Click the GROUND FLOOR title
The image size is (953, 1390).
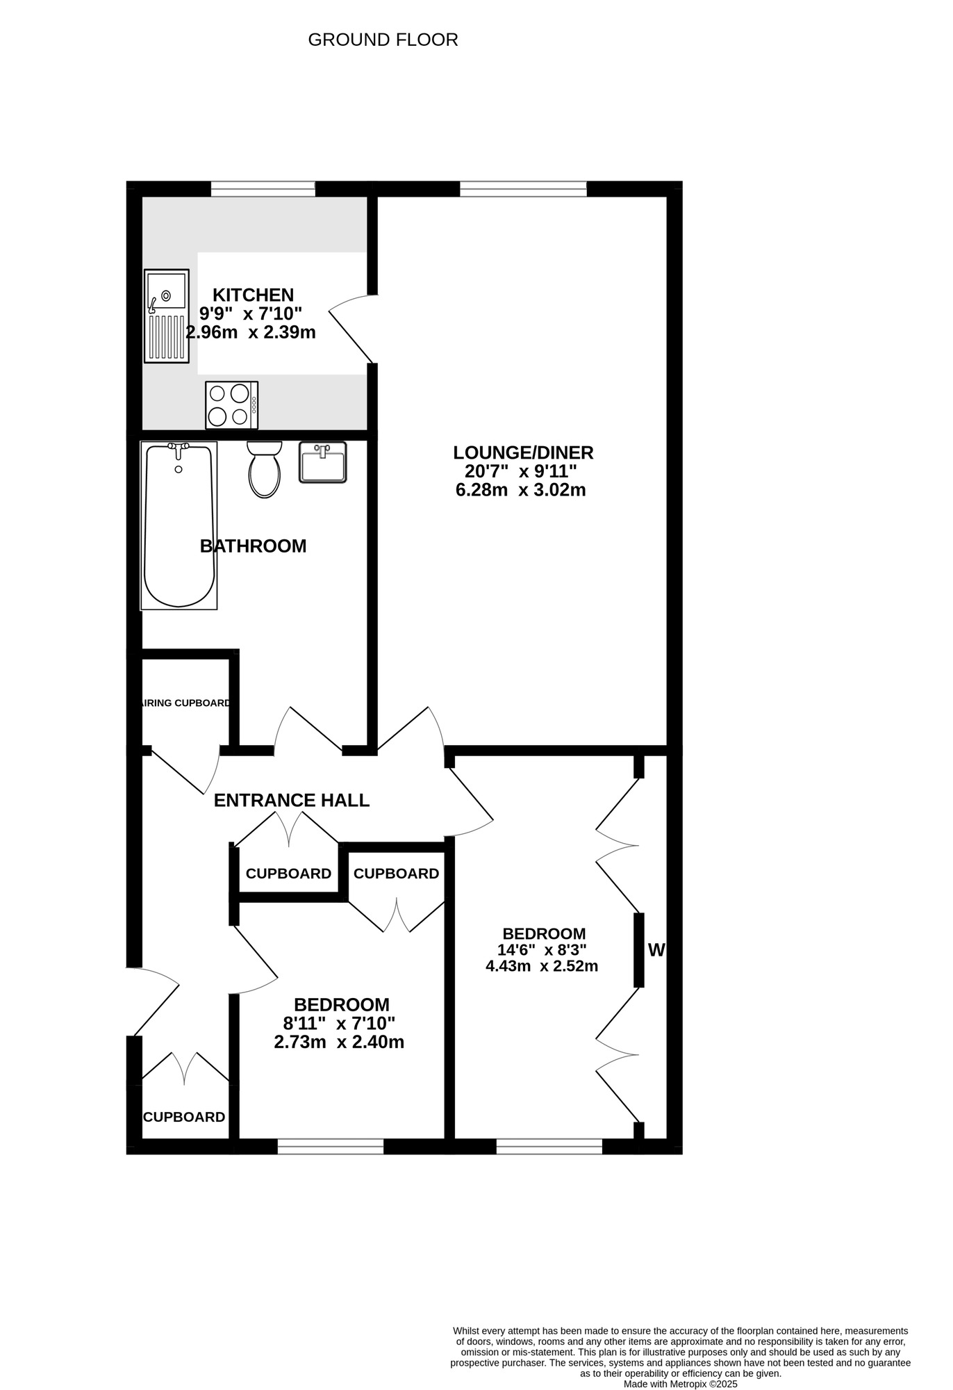[x=383, y=40]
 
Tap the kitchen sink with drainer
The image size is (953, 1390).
[x=167, y=316]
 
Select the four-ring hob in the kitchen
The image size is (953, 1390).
[x=231, y=405]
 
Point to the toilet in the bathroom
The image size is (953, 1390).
[x=265, y=469]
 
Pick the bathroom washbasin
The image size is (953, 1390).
[x=322, y=462]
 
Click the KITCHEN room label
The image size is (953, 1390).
[x=253, y=295]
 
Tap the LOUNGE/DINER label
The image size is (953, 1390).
[x=523, y=453]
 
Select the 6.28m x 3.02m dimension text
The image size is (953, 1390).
[x=520, y=491]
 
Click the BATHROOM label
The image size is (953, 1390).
[x=253, y=546]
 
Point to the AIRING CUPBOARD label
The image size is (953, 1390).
[x=185, y=703]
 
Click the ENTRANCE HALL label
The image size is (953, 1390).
[x=291, y=801]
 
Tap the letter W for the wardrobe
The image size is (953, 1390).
[x=656, y=949]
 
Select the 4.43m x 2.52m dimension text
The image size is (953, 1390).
[x=542, y=966]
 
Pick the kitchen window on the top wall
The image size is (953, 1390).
[x=263, y=188]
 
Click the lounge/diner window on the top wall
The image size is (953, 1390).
[x=523, y=188]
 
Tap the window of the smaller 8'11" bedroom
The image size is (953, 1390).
[x=331, y=1146]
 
